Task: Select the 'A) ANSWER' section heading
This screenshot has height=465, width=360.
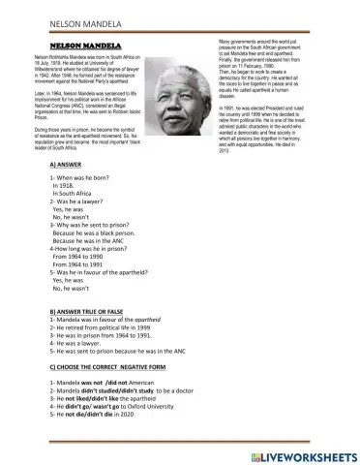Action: [71, 167]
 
